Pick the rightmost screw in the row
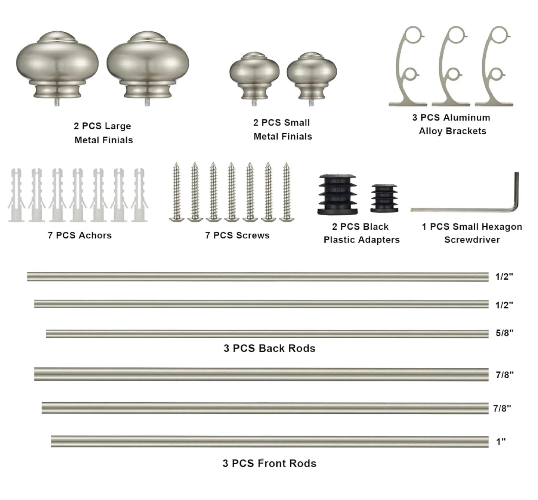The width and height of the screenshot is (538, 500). [x=287, y=192]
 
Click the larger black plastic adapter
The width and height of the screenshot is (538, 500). [x=337, y=194]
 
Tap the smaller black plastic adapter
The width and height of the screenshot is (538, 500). [x=384, y=198]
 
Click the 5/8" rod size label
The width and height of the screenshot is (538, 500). [x=504, y=333]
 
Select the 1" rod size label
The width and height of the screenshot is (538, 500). [x=501, y=442]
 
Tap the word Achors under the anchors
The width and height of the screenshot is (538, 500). [x=94, y=235]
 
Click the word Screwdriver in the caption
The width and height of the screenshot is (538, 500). [x=472, y=240]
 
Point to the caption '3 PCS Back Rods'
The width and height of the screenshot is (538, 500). [x=269, y=349]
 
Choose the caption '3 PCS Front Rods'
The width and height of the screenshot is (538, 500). [x=269, y=463]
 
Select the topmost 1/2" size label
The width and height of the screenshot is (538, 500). [x=504, y=276]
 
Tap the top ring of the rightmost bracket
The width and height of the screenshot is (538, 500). [x=500, y=35]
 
